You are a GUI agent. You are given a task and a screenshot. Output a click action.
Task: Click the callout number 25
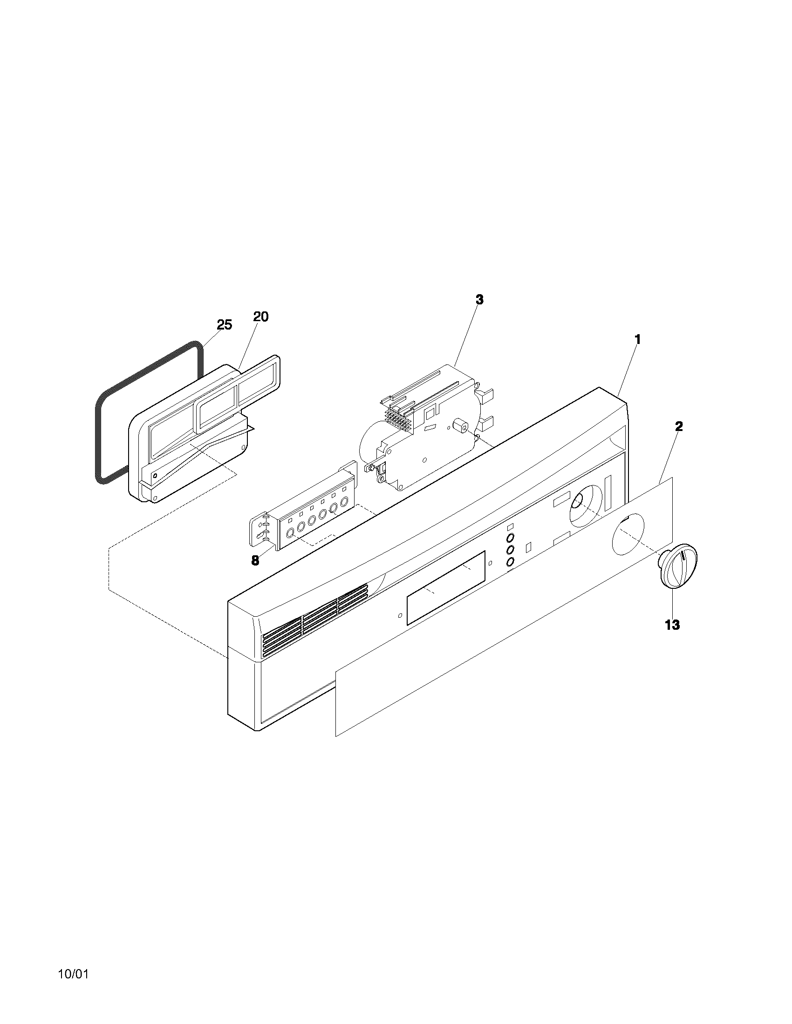pos(224,324)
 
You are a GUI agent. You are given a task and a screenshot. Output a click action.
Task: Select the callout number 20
pos(261,317)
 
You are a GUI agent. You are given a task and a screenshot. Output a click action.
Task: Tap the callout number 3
pos(479,300)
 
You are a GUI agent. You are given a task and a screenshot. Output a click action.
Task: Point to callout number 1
pos(637,339)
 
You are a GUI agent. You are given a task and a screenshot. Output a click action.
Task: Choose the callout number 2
pos(678,426)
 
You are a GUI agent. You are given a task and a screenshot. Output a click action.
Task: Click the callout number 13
pos(672,625)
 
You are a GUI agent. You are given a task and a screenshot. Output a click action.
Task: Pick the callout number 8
pos(255,561)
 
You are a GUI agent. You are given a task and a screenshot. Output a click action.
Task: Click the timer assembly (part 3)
pos(422,427)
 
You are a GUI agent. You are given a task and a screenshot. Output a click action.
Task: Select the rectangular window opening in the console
pos(446,588)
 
